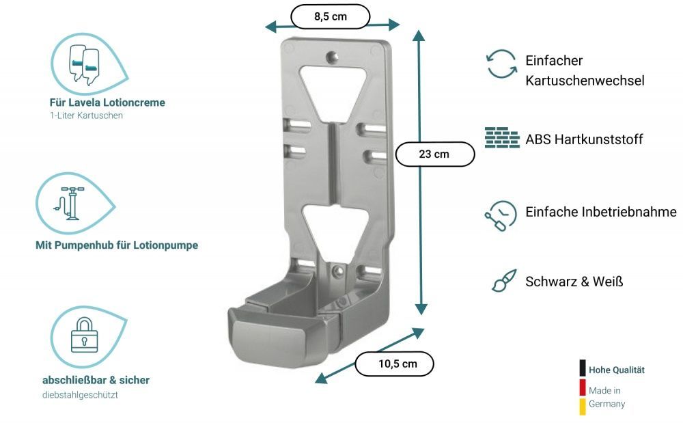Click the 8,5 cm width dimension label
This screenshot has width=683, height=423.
coord(330,16)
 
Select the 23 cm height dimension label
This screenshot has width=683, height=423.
coord(434,154)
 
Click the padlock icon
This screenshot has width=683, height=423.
coord(84,335)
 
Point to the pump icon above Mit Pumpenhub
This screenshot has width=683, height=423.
coord(70,204)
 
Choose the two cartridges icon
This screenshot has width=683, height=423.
coord(84,64)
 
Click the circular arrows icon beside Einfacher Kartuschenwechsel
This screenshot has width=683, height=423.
coord(501,64)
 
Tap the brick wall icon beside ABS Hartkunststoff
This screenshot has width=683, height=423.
coord(502,137)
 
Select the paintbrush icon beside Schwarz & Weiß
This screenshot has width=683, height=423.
coord(504,280)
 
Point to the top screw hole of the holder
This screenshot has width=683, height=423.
coord(333,56)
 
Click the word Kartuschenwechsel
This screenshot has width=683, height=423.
coord(585,81)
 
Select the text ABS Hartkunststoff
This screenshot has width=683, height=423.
coord(584,139)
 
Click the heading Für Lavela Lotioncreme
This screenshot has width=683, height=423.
coord(107,103)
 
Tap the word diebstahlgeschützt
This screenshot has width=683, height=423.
coord(80,395)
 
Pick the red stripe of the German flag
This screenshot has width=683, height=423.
coord(583,387)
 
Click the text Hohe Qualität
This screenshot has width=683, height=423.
coord(616,370)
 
